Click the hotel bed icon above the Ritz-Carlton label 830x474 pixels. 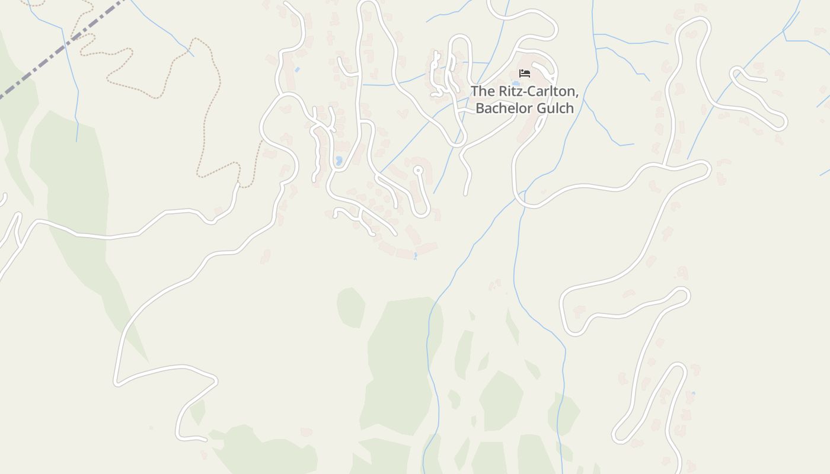(524, 73)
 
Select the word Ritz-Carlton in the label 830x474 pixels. (537, 92)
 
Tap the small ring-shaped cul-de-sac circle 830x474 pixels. (418, 171)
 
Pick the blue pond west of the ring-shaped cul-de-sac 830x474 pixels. (339, 161)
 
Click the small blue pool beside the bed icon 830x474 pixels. (515, 84)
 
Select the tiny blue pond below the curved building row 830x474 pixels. (415, 256)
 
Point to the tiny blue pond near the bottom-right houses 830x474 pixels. (693, 393)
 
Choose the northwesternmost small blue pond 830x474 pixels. (297, 70)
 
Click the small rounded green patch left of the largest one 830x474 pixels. (351, 307)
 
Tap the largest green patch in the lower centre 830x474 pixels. (400, 361)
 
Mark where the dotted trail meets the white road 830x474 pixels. (238, 184)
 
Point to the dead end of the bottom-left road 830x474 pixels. (205, 440)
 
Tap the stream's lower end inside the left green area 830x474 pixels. (76, 140)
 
